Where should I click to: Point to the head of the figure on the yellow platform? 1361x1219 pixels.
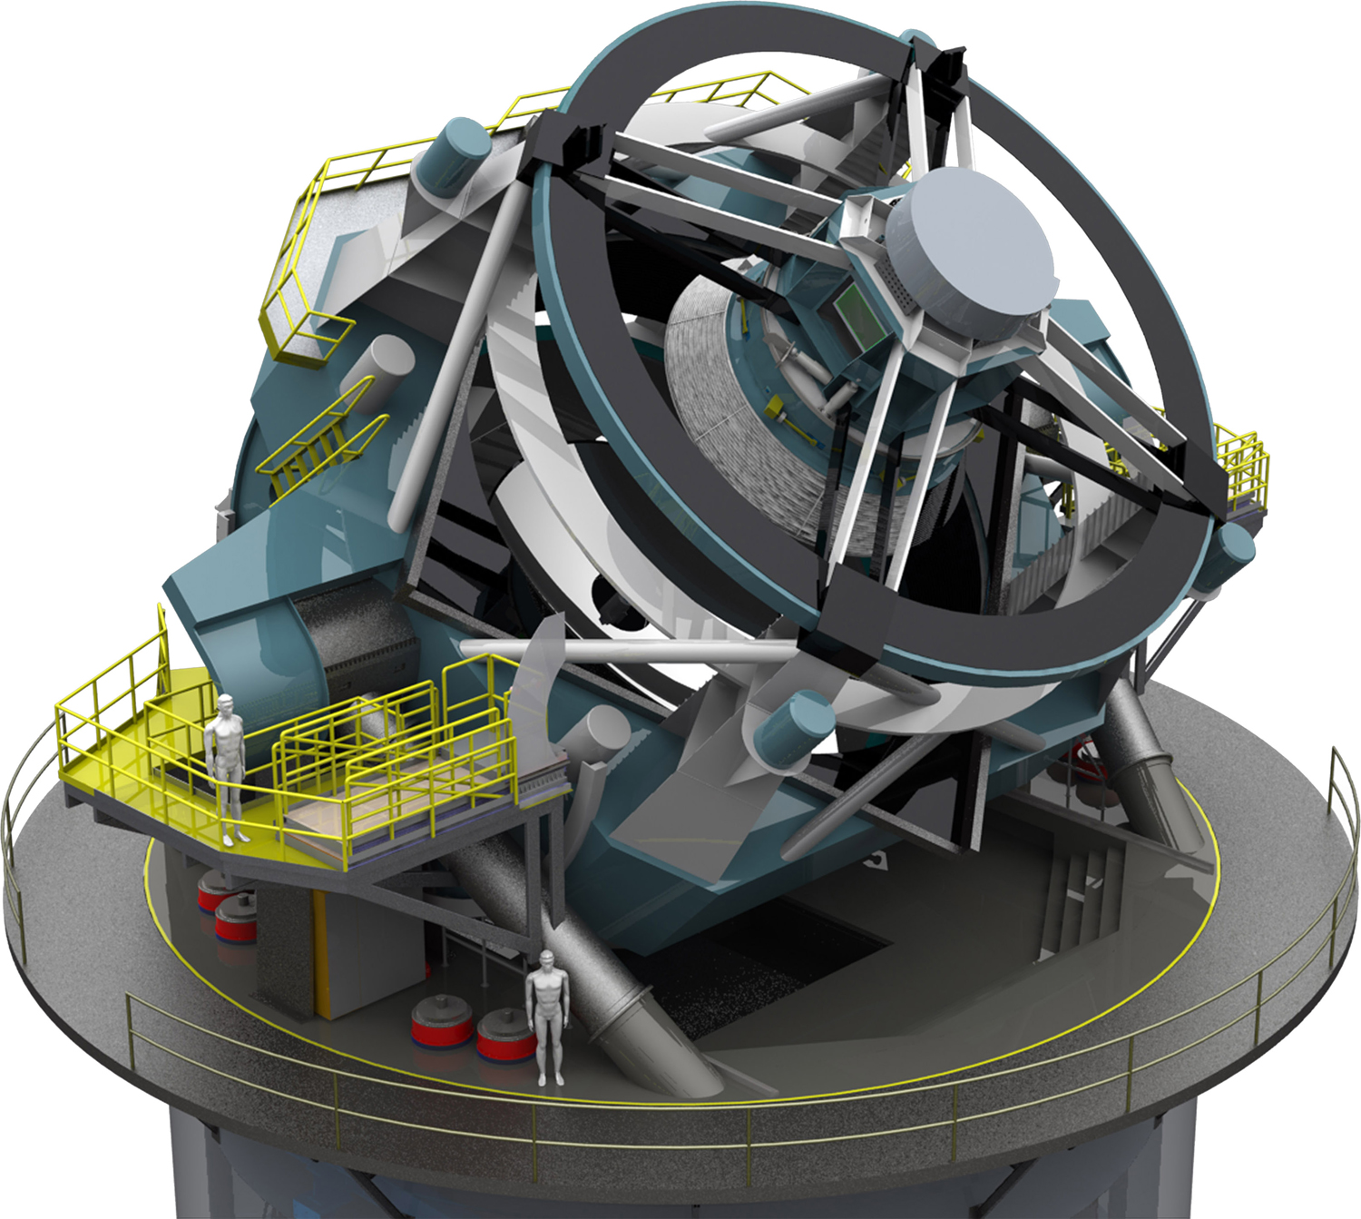click(225, 704)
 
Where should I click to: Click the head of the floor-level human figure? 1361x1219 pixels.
click(547, 959)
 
